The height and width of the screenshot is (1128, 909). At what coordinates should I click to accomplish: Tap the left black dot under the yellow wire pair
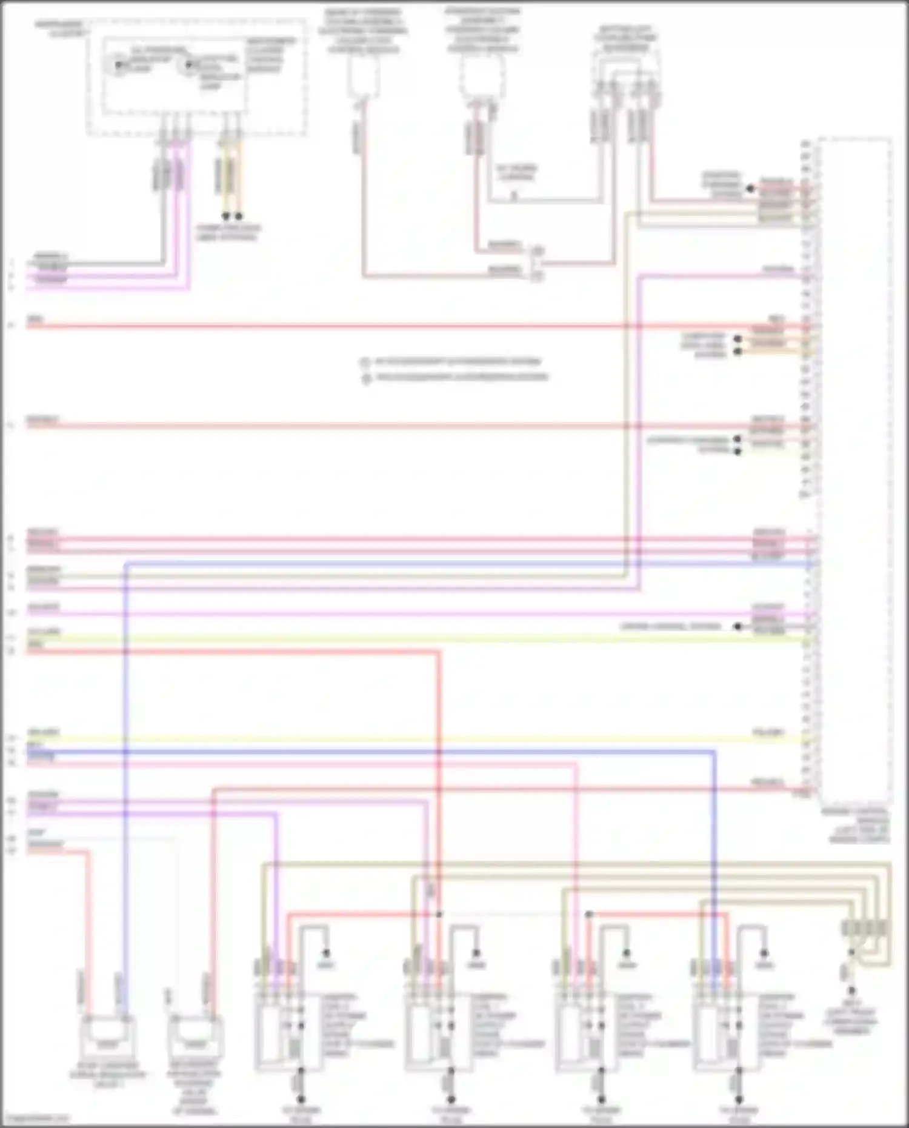pyautogui.click(x=225, y=216)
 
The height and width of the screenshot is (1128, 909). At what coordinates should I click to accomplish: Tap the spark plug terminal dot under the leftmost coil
pyautogui.click(x=301, y=1099)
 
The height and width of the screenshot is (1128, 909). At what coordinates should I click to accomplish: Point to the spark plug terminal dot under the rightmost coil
pyautogui.click(x=739, y=1099)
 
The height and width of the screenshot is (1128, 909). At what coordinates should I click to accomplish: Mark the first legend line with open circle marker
pyautogui.click(x=454, y=362)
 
